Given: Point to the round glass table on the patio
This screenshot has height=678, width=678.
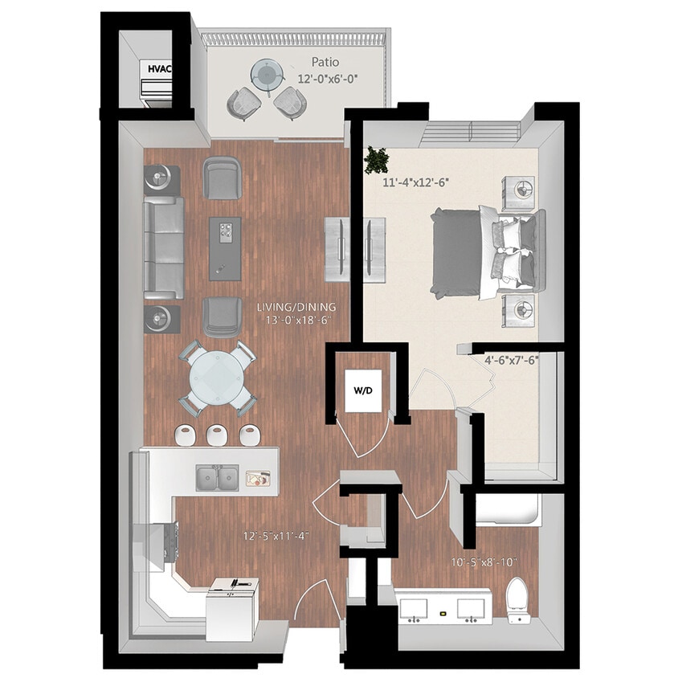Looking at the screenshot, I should (x=267, y=74).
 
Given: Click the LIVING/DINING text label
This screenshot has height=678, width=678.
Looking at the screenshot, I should (x=296, y=307).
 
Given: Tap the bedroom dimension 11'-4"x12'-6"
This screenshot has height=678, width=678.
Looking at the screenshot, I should (x=416, y=182).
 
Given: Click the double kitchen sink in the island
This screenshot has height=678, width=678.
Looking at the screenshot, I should (x=217, y=478).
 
